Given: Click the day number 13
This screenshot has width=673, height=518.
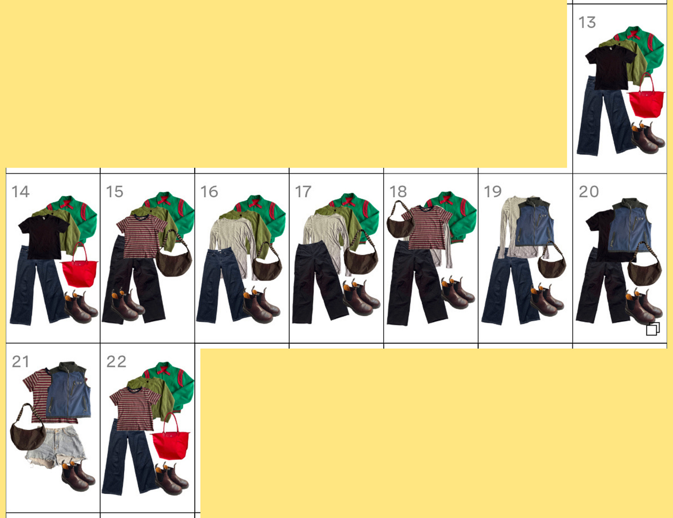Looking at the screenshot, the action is click(587, 23).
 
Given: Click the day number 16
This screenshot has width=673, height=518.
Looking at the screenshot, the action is click(209, 192).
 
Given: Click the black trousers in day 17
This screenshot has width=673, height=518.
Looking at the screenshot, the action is click(320, 283).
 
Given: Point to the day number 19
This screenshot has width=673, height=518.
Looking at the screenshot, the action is click(492, 192).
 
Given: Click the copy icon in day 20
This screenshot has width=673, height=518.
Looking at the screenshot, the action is click(653, 329).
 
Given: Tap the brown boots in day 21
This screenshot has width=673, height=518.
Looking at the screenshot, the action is click(78, 475).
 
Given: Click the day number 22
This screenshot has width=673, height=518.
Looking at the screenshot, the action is click(116, 362).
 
